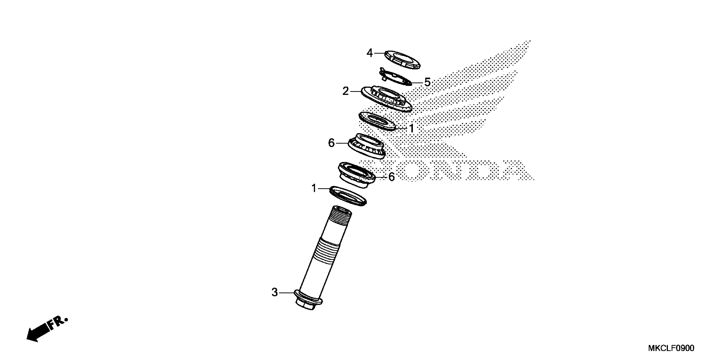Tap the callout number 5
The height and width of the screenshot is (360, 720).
pyautogui.click(x=427, y=82)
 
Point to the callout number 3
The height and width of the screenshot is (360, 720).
pyautogui.click(x=275, y=292)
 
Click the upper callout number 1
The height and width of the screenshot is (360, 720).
pyautogui.click(x=411, y=128)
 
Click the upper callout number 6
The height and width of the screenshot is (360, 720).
pyautogui.click(x=331, y=143)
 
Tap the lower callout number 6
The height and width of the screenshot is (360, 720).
pyautogui.click(x=392, y=177)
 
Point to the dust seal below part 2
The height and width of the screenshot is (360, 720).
pyautogui.click(x=377, y=121)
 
